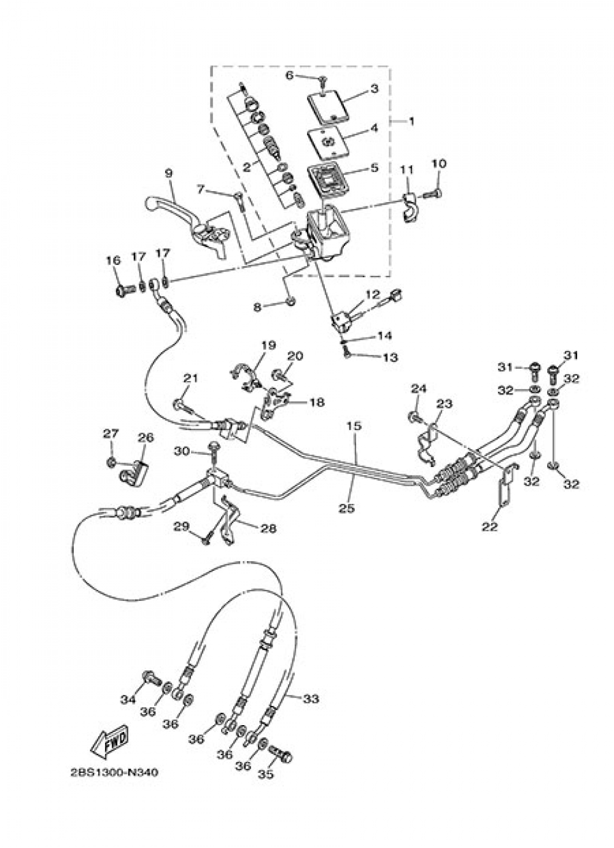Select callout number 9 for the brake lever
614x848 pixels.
pyautogui.click(x=168, y=173)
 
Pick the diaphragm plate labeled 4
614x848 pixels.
pyautogui.click(x=328, y=143)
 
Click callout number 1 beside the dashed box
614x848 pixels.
pyautogui.click(x=411, y=122)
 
